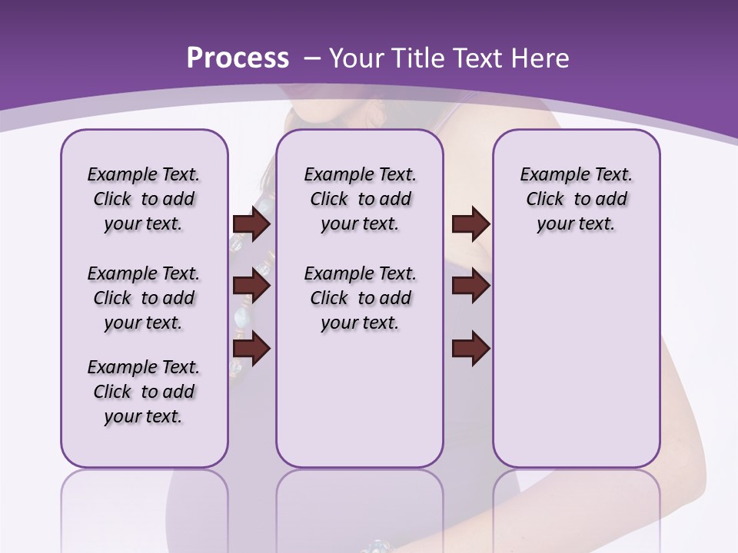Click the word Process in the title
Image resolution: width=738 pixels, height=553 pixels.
238,58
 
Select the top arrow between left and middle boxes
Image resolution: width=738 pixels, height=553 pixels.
251,224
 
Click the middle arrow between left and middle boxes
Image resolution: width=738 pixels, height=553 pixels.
251,286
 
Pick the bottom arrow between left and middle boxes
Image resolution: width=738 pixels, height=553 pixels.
251,349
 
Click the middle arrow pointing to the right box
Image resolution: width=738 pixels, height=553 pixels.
470,286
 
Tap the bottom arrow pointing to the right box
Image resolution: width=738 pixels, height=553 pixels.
470,349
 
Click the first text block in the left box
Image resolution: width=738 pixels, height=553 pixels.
144,199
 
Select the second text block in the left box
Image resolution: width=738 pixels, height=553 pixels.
144,298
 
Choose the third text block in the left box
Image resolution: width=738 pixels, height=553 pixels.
144,392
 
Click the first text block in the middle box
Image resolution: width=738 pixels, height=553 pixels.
360,199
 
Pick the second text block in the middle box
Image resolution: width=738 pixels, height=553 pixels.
360,298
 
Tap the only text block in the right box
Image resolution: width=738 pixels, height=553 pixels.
576,199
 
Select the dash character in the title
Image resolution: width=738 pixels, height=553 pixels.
312,58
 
